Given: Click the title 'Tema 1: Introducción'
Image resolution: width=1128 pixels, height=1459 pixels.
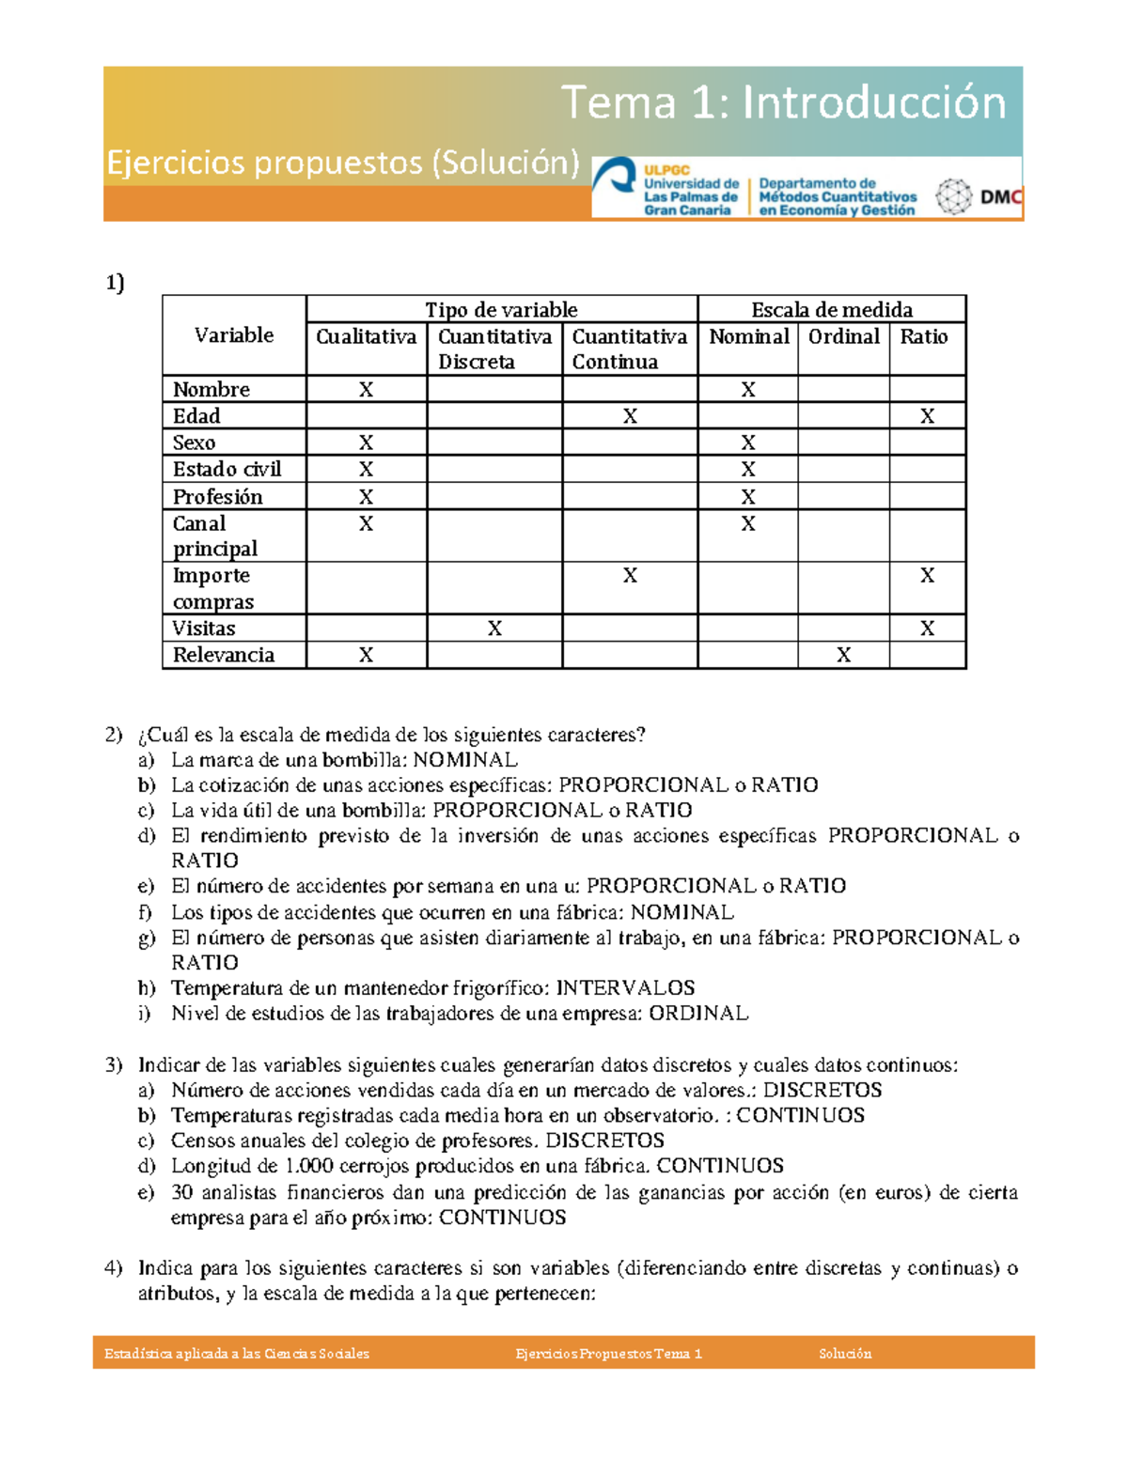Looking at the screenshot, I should tap(783, 102).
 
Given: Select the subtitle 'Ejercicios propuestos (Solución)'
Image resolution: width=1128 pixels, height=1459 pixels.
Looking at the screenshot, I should tap(343, 163).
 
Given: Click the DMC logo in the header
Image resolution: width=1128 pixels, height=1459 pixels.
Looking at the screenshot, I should tap(979, 197).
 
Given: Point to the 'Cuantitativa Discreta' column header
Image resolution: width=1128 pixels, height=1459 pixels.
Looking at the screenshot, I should tap(494, 349).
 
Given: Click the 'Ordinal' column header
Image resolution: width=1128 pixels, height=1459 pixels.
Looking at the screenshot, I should tap(843, 336).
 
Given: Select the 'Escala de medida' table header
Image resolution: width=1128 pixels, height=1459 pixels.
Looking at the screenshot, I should tap(831, 309).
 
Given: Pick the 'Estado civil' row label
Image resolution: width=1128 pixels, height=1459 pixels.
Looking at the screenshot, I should tap(227, 469).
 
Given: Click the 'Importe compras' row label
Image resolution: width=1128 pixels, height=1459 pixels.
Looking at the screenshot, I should tap(212, 588).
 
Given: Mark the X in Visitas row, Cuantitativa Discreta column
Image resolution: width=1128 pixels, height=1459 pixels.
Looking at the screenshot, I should tap(494, 629).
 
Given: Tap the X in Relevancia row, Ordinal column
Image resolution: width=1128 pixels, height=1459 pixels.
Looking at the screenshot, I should tap(843, 655).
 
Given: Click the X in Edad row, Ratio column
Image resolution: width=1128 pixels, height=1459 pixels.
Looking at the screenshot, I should tap(927, 416).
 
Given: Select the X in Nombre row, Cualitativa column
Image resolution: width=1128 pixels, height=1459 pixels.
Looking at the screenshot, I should tap(366, 389).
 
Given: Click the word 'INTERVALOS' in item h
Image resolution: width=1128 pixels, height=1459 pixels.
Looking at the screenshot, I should tap(625, 987).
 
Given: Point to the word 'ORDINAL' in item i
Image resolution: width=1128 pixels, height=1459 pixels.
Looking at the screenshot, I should tap(698, 1013).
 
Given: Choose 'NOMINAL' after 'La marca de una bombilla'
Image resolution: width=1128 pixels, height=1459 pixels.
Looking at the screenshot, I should tap(465, 759).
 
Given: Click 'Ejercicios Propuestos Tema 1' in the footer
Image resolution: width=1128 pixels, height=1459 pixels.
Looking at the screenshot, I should tap(608, 1354).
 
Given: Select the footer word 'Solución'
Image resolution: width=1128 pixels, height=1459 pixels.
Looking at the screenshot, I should tap(845, 1354).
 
